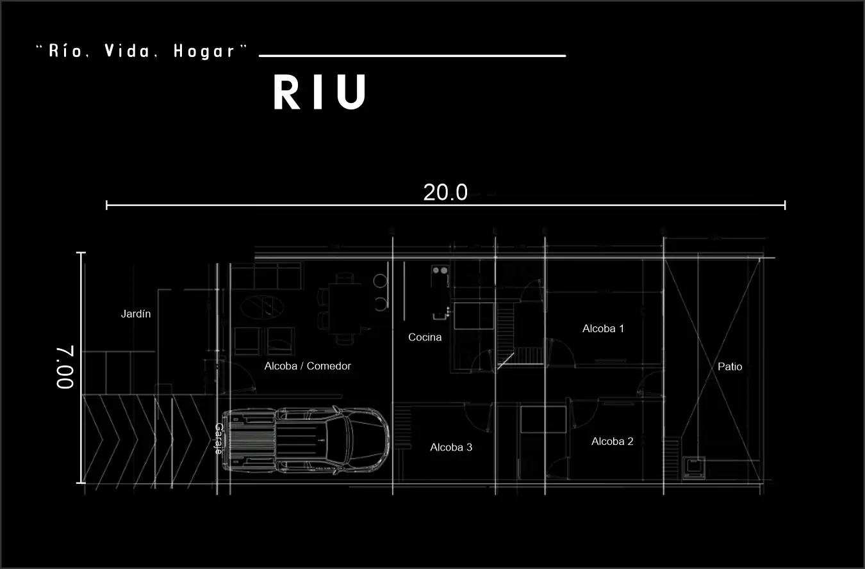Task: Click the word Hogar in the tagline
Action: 204,52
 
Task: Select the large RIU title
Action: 320,93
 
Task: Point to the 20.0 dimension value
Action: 445,192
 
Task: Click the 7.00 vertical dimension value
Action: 65,367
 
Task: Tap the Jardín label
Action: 136,314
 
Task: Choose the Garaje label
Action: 218,438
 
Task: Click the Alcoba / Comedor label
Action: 308,366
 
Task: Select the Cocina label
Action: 425,337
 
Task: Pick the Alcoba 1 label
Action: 603,328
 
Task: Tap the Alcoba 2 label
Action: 612,442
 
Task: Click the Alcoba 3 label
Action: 451,447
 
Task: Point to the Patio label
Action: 730,367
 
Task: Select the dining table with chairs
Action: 344,309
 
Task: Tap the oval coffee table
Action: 262,306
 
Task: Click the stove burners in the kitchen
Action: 440,271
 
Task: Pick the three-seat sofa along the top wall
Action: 265,276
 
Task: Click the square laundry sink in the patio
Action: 694,467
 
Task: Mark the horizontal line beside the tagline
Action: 412,56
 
